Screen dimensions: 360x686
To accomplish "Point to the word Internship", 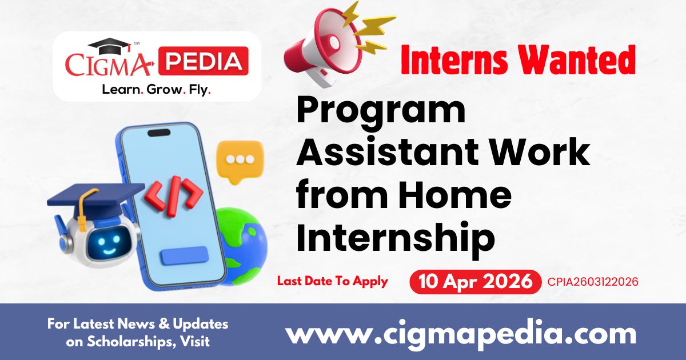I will point(395,238).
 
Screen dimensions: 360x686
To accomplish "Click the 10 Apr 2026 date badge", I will point(474,282).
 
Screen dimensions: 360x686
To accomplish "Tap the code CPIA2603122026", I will point(592,282).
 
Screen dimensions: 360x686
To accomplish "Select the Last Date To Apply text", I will point(332,281).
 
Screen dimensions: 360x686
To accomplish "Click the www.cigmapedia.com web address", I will point(461,333).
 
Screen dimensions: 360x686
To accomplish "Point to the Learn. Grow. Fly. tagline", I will point(156,90).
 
